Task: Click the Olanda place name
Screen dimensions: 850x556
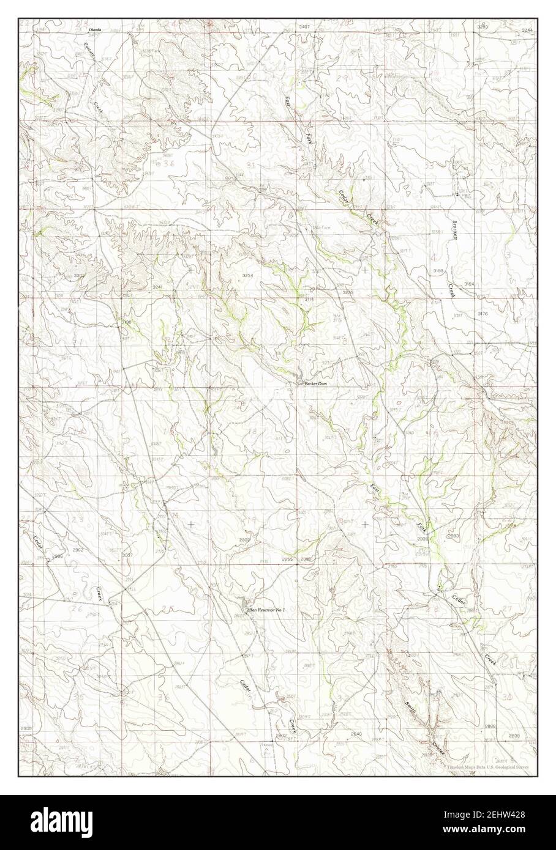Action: tap(94, 29)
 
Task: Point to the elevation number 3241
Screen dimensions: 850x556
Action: tap(158, 287)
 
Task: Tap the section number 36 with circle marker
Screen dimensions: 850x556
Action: tap(163, 164)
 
